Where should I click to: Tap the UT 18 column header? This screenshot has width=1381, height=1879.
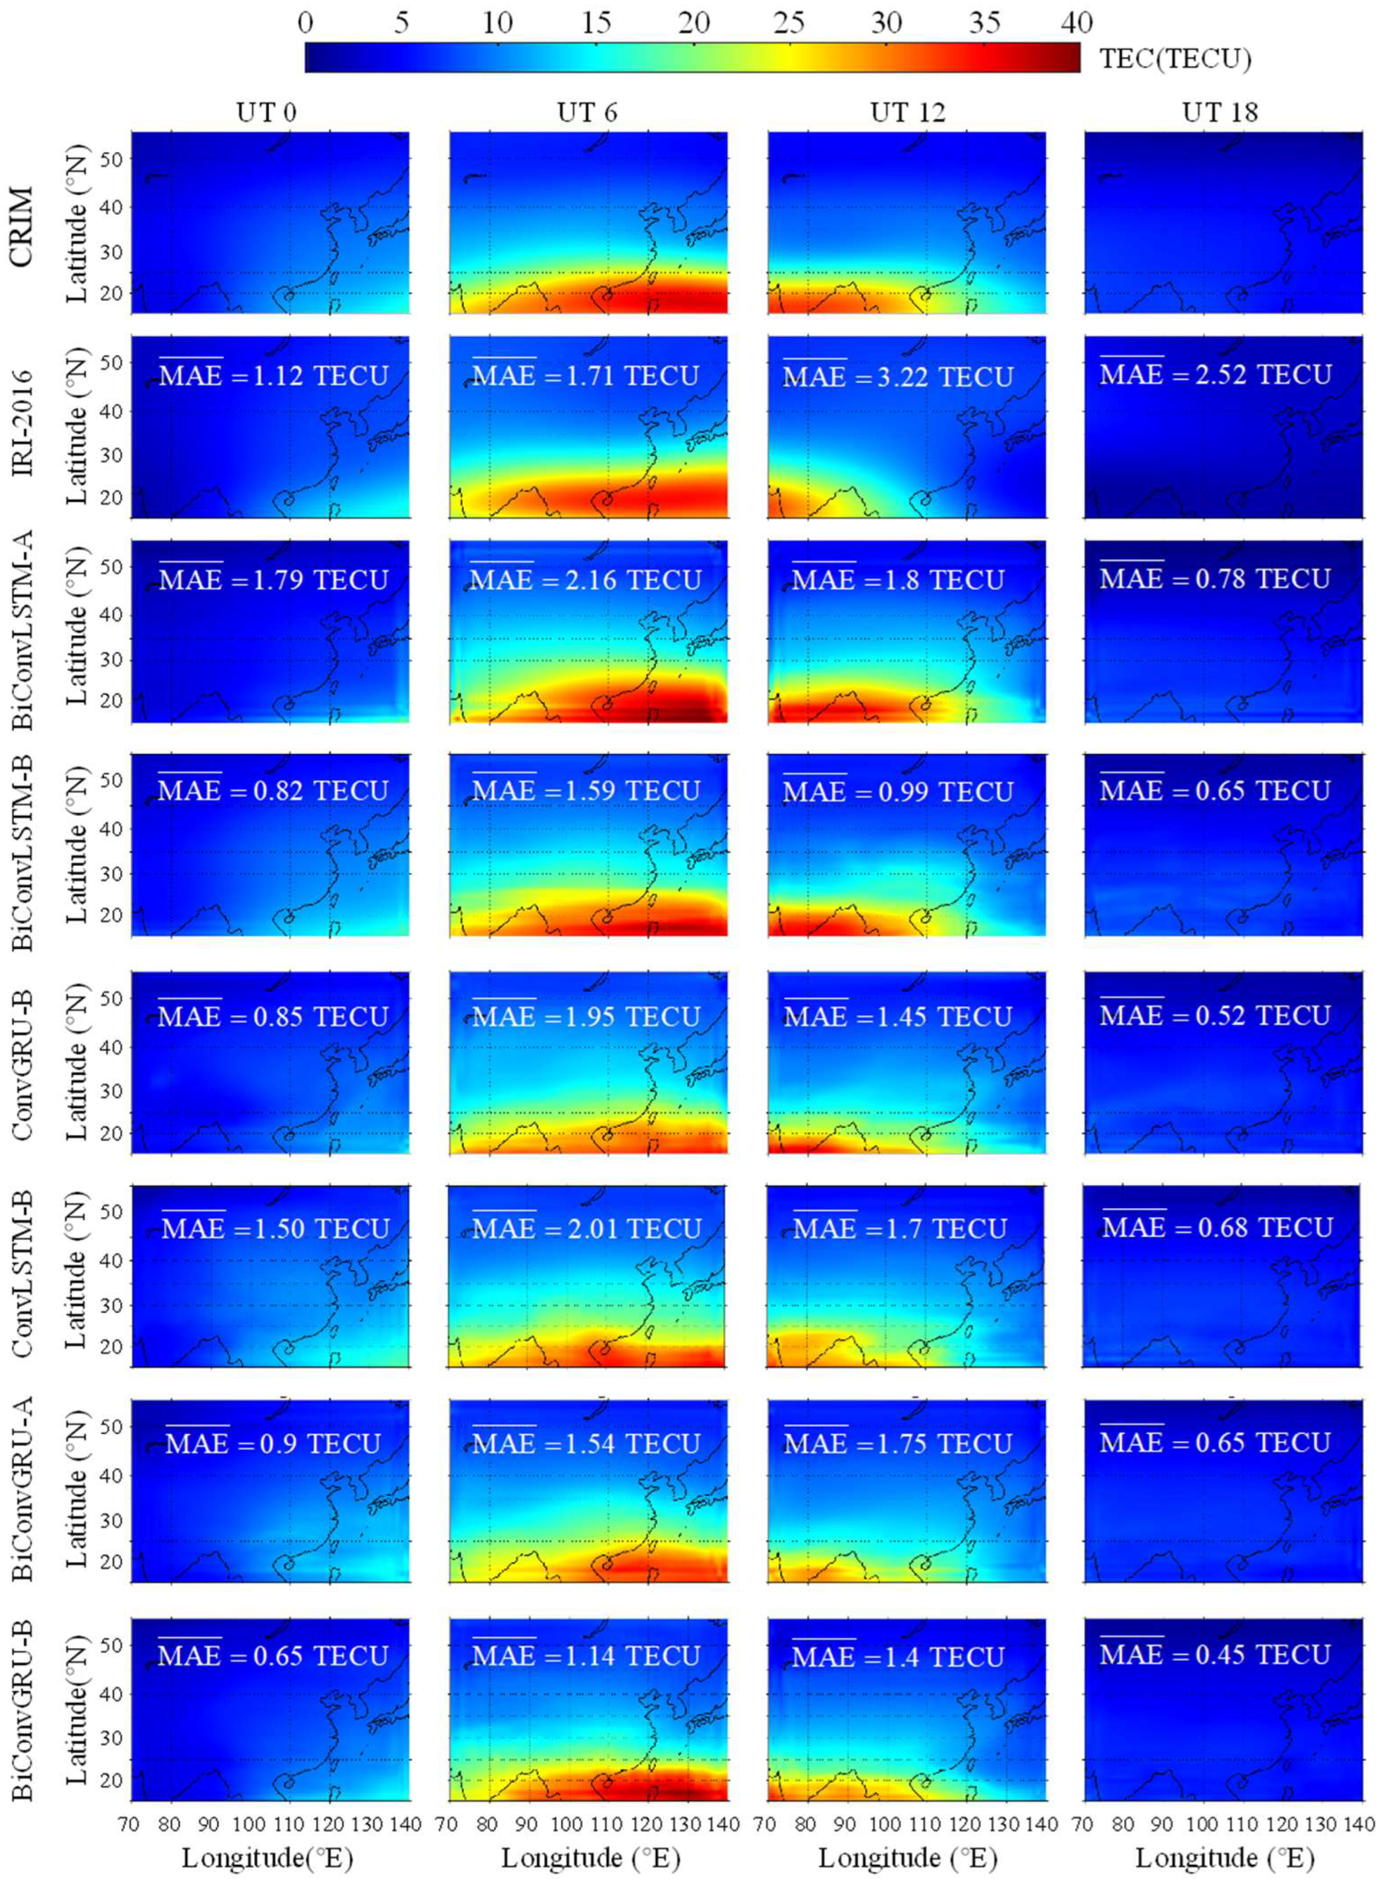click(1220, 112)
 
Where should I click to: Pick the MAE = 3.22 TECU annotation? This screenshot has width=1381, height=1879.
click(898, 376)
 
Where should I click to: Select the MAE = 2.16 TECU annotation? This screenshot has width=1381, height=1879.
click(585, 580)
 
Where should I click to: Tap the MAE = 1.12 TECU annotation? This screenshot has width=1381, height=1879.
click(273, 375)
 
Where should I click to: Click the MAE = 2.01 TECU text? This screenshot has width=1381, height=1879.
click(587, 1228)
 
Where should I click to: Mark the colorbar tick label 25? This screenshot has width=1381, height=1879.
click(788, 23)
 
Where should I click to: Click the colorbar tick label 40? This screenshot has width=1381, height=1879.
click(1076, 23)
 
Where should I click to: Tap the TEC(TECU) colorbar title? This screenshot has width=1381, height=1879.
click(1175, 58)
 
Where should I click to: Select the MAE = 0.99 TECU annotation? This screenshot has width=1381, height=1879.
click(898, 791)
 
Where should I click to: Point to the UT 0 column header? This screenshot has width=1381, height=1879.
click(266, 112)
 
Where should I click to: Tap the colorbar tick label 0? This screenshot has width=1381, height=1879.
click(305, 23)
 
